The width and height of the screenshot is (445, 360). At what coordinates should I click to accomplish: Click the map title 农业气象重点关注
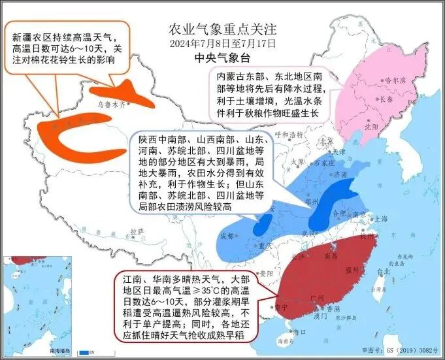click(x=222, y=30)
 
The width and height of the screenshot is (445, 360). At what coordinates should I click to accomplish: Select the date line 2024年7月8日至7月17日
click(x=222, y=44)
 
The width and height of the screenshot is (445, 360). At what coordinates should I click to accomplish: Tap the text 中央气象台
click(x=222, y=58)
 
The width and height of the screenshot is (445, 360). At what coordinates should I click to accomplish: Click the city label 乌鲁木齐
click(x=106, y=103)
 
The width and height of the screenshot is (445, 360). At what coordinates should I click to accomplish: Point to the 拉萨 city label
click(x=136, y=231)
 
